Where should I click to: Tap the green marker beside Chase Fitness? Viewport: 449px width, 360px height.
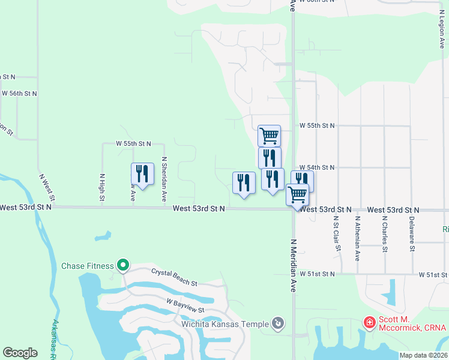point(123,265)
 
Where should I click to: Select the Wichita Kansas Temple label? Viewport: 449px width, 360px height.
point(225,324)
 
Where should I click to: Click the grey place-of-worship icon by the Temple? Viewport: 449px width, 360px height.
point(278,324)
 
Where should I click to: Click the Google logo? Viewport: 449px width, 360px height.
point(20,353)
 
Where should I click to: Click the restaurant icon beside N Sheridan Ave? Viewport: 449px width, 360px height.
point(142,175)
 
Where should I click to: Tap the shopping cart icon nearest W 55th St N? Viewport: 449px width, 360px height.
point(269,136)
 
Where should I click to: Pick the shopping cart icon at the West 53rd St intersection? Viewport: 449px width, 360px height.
point(297,194)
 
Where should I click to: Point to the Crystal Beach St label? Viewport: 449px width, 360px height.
point(174,277)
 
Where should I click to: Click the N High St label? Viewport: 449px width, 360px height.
point(101,187)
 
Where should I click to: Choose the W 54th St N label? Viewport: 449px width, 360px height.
point(317,167)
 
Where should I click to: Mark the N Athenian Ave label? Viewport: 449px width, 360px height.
point(357,238)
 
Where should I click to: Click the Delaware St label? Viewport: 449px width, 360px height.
point(412,239)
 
